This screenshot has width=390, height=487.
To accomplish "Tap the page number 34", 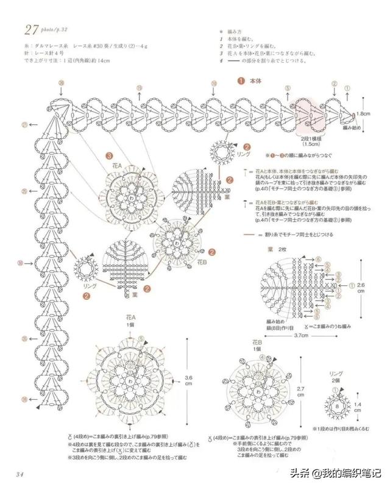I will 19,474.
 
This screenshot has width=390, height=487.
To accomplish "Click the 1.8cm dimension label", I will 363,113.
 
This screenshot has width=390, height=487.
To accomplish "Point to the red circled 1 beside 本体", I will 241,80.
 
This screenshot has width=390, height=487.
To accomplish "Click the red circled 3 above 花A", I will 109,156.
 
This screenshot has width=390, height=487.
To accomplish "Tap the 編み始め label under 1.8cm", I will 352,129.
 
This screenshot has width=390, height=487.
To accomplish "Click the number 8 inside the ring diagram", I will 337,403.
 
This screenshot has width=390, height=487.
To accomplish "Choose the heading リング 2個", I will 337,375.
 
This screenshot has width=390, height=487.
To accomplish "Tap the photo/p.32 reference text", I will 60,29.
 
